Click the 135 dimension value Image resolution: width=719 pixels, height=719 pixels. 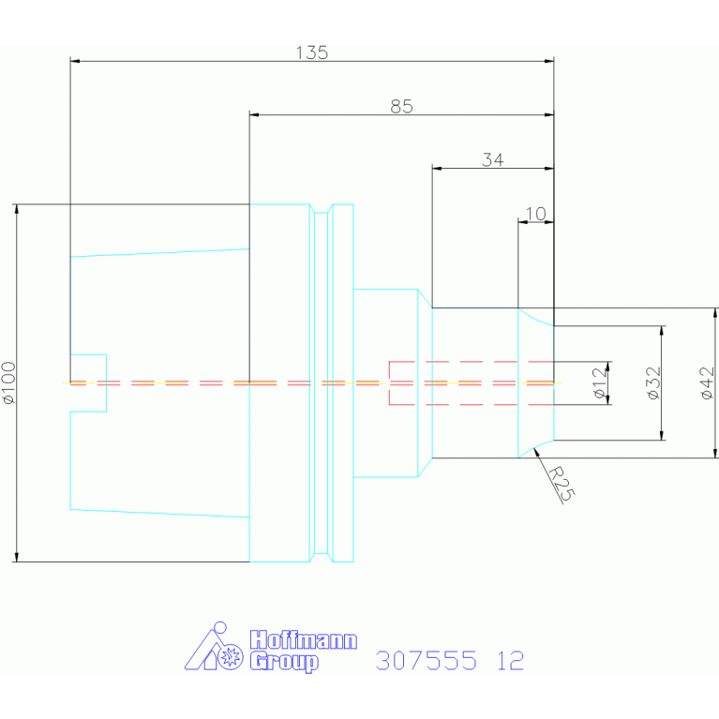click(x=312, y=52)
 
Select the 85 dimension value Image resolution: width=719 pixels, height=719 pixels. click(x=402, y=106)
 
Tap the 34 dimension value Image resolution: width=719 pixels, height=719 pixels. click(x=493, y=159)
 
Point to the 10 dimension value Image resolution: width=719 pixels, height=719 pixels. click(x=535, y=214)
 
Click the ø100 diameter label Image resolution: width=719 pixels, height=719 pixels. click(x=8, y=382)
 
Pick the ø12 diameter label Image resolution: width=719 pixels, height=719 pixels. click(x=599, y=382)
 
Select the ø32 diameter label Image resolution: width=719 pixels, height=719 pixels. click(x=653, y=382)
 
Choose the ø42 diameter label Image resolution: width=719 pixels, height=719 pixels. click(x=708, y=382)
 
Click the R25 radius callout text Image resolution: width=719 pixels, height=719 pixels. click(x=562, y=484)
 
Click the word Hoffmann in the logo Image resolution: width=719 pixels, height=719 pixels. click(x=303, y=640)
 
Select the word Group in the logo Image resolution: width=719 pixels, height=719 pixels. click(x=284, y=662)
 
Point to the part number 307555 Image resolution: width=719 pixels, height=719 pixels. click(x=426, y=661)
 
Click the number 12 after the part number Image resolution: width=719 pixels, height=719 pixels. click(x=510, y=661)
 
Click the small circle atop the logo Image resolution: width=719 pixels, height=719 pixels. click(x=220, y=628)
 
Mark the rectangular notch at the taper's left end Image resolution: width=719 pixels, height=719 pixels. click(x=88, y=382)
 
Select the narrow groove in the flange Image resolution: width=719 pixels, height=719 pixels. click(x=322, y=382)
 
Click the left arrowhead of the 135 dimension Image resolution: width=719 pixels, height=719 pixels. click(x=75, y=61)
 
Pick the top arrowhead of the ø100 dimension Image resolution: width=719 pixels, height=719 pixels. click(x=17, y=209)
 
